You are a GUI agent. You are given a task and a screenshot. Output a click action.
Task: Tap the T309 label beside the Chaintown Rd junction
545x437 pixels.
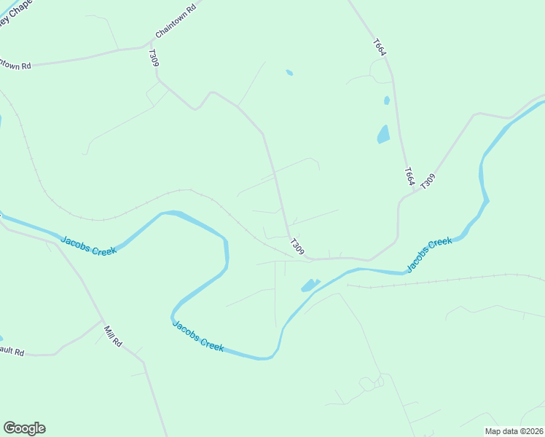click(x=153, y=58)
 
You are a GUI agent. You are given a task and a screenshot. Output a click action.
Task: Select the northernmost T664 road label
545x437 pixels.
click(x=378, y=47)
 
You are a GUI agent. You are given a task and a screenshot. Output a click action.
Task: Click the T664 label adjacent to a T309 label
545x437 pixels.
click(x=409, y=176)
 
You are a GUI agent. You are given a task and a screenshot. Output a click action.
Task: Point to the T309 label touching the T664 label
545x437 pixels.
click(x=428, y=180)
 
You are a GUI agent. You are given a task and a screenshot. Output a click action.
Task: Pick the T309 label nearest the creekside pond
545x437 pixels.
click(x=297, y=246)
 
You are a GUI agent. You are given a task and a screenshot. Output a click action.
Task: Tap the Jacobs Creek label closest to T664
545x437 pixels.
click(x=430, y=253)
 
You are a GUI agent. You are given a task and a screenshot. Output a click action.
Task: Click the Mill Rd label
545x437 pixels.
click(x=113, y=336)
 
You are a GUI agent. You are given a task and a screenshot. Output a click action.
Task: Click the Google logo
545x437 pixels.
click(x=24, y=428)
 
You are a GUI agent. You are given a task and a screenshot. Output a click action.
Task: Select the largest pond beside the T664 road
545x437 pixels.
click(x=383, y=134)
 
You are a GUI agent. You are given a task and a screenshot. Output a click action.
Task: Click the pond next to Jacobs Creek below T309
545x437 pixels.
click(x=310, y=285)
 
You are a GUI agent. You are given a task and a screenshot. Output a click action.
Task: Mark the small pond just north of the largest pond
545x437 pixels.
click(x=386, y=101)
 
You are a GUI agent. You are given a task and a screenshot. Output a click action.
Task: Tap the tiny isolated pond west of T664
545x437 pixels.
click(x=289, y=72)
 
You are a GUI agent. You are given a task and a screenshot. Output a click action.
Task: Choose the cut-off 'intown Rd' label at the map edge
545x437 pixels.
click(x=15, y=65)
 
